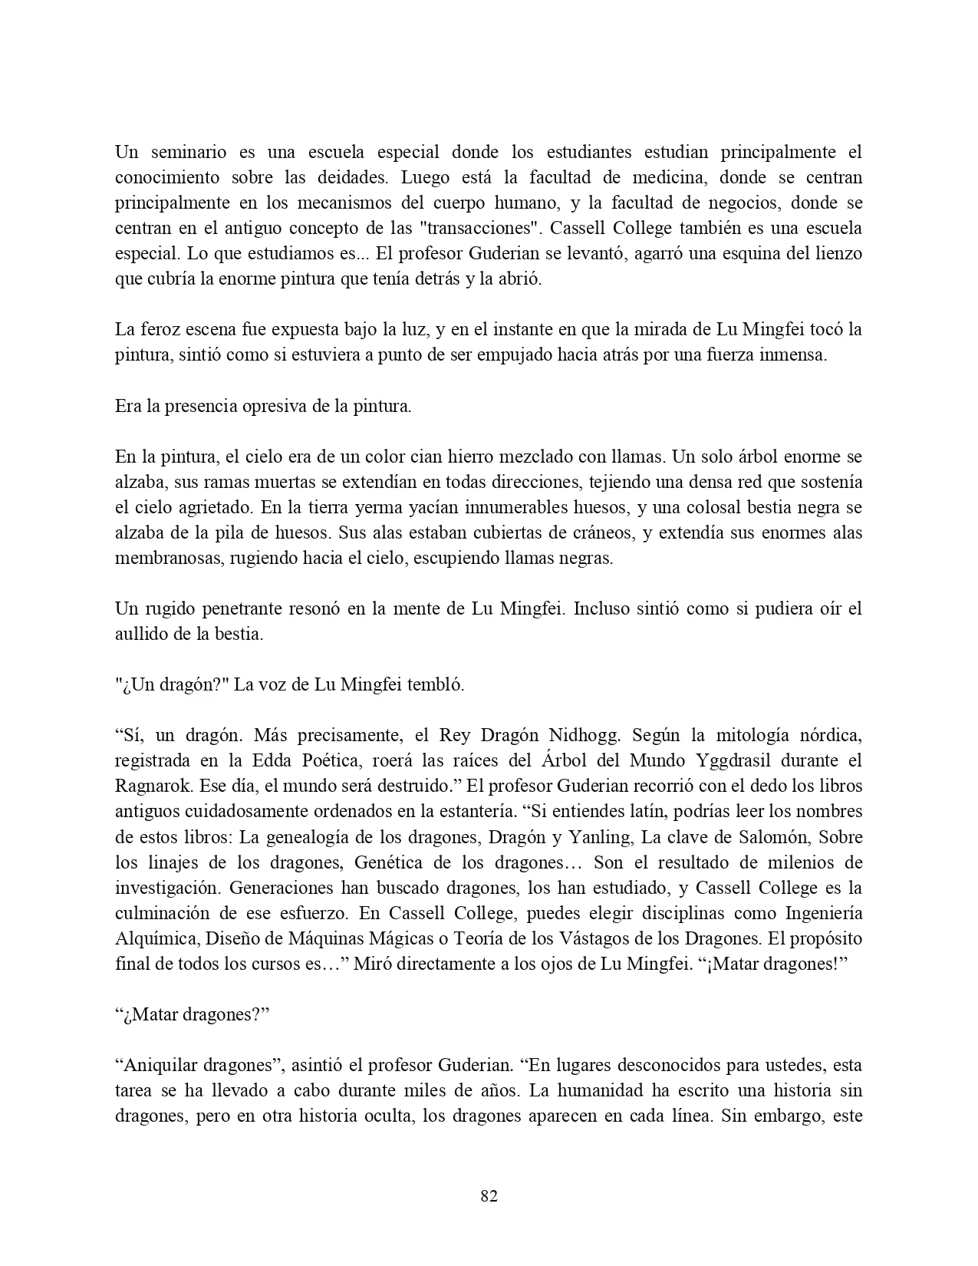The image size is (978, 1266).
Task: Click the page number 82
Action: click(489, 1195)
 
